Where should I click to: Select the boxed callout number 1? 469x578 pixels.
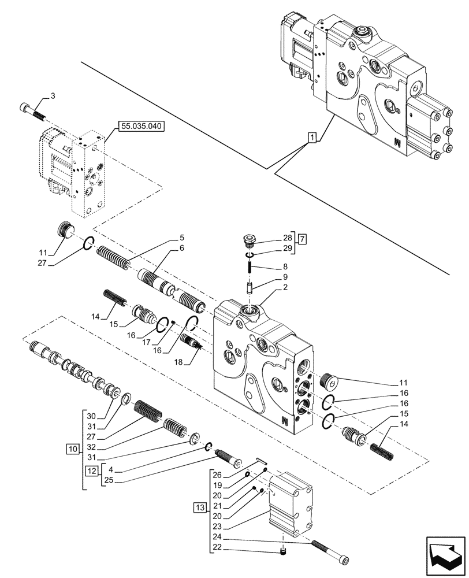(311, 138)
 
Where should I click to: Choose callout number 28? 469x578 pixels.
(288, 238)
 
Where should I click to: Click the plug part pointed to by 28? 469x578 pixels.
(250, 238)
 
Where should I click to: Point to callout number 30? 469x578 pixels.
(91, 416)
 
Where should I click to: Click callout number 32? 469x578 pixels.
(91, 447)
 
